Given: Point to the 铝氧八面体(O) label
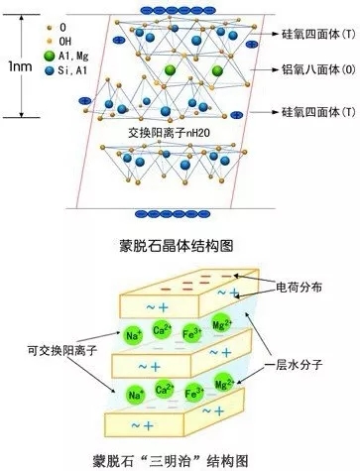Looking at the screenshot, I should pyautogui.click(x=317, y=72).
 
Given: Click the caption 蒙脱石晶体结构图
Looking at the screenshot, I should pyautogui.click(x=180, y=242).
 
